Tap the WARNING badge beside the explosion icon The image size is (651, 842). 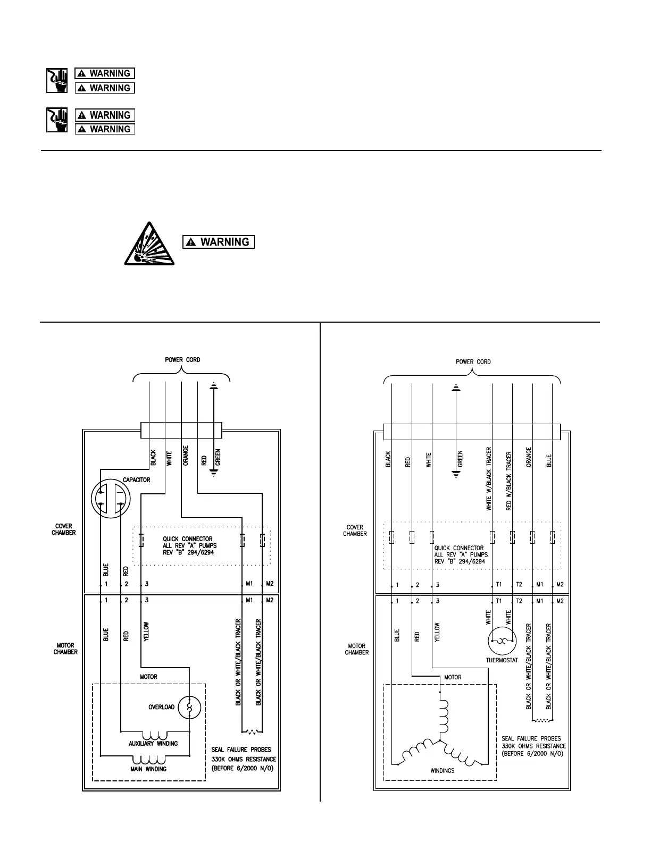pos(219,242)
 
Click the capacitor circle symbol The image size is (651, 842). pos(111,499)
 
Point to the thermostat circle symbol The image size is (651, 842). pos(502,641)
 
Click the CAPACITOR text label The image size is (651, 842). pos(137,480)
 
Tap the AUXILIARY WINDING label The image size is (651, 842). pos(153,743)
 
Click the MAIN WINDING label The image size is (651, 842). pos(149,769)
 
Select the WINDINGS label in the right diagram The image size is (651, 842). pos(443,770)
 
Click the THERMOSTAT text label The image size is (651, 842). pos(502,661)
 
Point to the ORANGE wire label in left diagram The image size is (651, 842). pos(186,456)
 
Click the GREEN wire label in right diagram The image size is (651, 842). pos(461,459)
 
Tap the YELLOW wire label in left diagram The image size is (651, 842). pos(146,631)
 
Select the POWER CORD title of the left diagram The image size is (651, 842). pos(182,360)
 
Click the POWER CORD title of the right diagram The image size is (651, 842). pos(473,362)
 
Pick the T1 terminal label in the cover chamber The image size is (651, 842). pos(499,584)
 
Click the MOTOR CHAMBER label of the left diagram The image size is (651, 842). pos(65,649)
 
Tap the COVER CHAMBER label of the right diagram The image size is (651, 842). pos(355,531)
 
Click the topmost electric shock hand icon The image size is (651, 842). pos(57,80)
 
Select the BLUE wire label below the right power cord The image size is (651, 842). pos(549,460)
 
